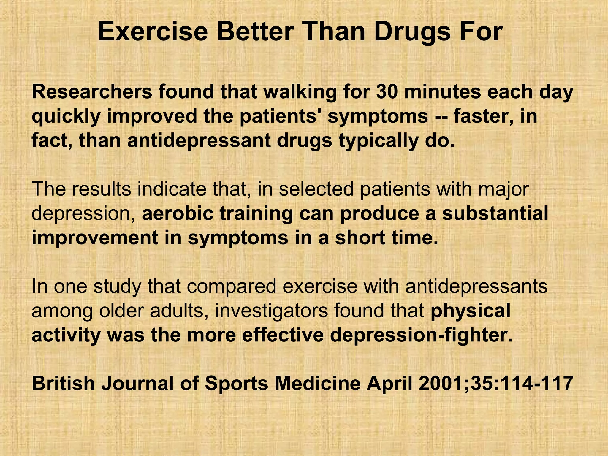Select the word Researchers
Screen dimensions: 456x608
click(x=91, y=92)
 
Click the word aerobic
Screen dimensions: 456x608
click(x=177, y=214)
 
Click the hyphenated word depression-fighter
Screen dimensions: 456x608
click(x=422, y=336)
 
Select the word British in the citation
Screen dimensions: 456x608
click(x=63, y=383)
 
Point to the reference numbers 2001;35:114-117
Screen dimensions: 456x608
click(x=496, y=383)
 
